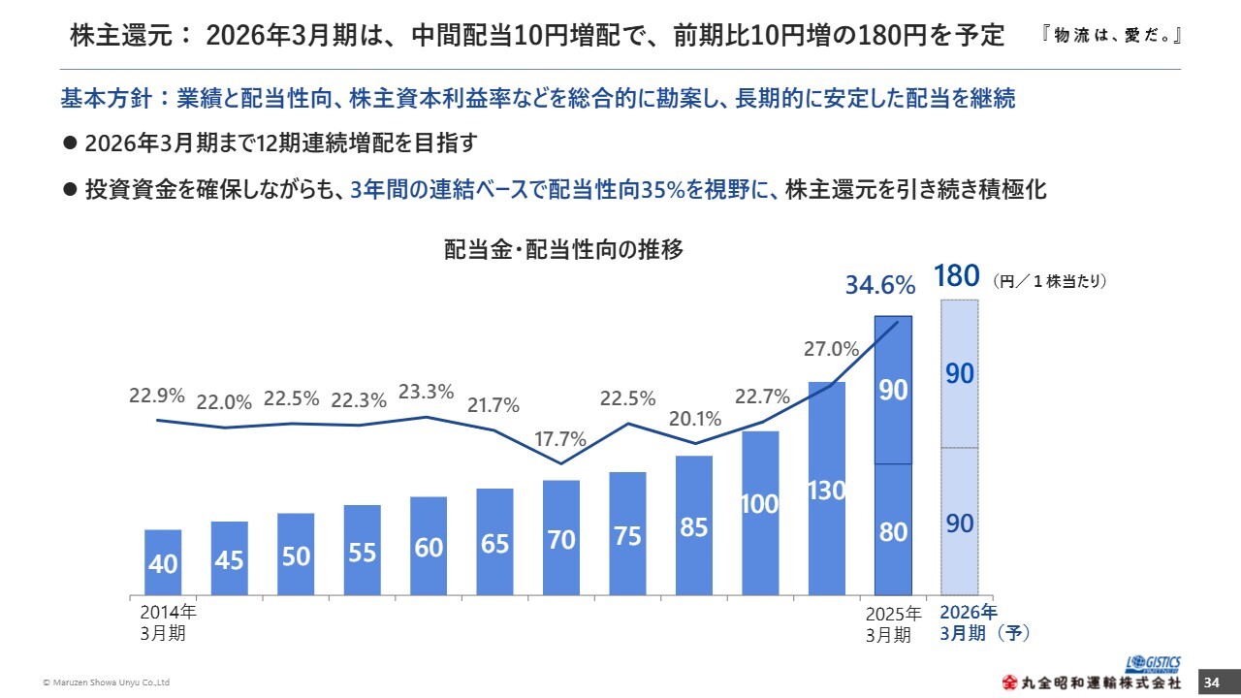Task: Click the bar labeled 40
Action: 163,562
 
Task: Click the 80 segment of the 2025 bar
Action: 893,529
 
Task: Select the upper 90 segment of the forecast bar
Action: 959,374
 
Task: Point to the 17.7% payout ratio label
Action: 560,439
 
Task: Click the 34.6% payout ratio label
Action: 880,285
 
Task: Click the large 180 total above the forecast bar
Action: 957,277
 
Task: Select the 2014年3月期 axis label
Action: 168,622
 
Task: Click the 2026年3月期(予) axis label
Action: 984,622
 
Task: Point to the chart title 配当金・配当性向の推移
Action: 563,249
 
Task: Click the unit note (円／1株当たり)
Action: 1049,281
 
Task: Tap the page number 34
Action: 1211,682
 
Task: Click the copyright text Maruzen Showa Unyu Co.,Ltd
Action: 108,683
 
